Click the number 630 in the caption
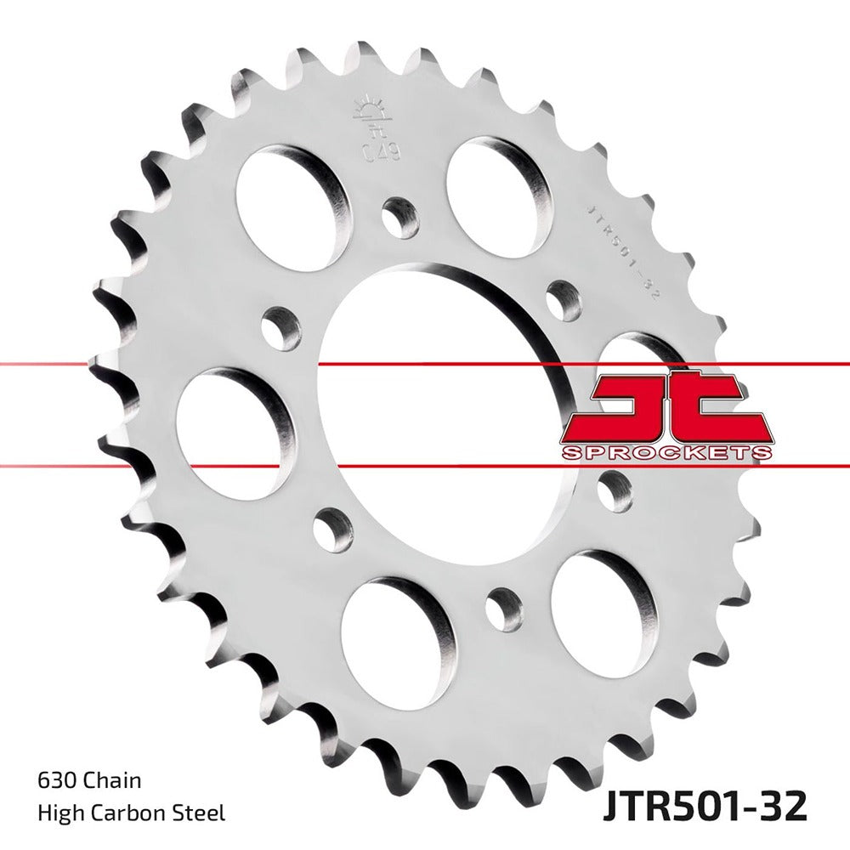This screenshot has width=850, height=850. [x=57, y=780]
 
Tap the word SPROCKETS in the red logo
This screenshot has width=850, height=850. [x=667, y=451]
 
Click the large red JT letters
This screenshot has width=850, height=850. [x=667, y=408]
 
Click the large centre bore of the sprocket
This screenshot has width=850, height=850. [x=433, y=391]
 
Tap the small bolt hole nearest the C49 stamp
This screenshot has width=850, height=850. [x=400, y=218]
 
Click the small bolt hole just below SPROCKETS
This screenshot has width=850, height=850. [x=614, y=490]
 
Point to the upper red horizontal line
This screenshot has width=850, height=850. [x=170, y=364]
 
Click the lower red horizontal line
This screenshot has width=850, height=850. [x=170, y=466]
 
